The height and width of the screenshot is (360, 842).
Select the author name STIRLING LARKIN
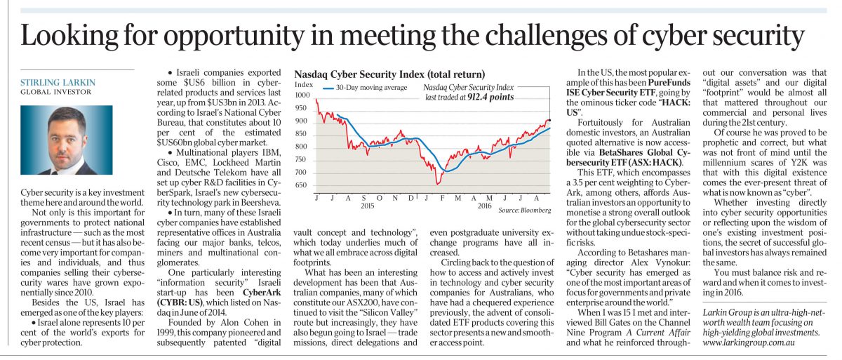58,82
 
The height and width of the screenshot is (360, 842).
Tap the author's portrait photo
67,140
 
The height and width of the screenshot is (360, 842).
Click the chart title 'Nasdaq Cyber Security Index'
359,74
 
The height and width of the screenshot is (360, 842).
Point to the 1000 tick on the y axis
302,95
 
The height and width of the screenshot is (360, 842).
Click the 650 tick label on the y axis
301,185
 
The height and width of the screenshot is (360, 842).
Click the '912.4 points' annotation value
490,97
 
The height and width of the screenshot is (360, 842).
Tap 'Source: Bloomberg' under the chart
525,210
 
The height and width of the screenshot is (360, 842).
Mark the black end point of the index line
549,120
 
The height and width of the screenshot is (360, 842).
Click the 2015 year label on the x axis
367,206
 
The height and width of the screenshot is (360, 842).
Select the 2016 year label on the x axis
485,206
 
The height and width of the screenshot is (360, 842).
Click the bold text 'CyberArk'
262,293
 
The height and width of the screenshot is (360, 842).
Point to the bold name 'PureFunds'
669,82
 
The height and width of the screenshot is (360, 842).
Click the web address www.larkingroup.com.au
749,342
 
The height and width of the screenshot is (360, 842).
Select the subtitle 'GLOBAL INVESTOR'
55,92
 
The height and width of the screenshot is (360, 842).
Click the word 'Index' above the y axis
304,84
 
